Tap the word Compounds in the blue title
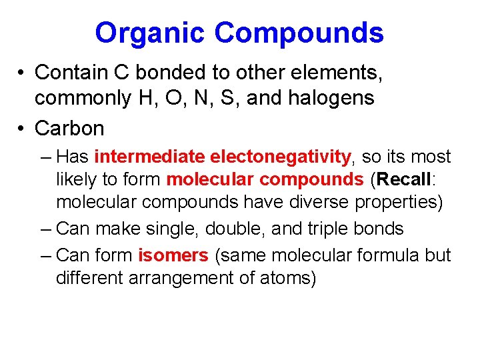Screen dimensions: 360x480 point(299,33)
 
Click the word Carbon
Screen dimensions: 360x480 point(69,127)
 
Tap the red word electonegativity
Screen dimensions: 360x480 point(280,157)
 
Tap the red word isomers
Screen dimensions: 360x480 point(173,255)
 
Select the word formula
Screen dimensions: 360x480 point(387,255)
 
